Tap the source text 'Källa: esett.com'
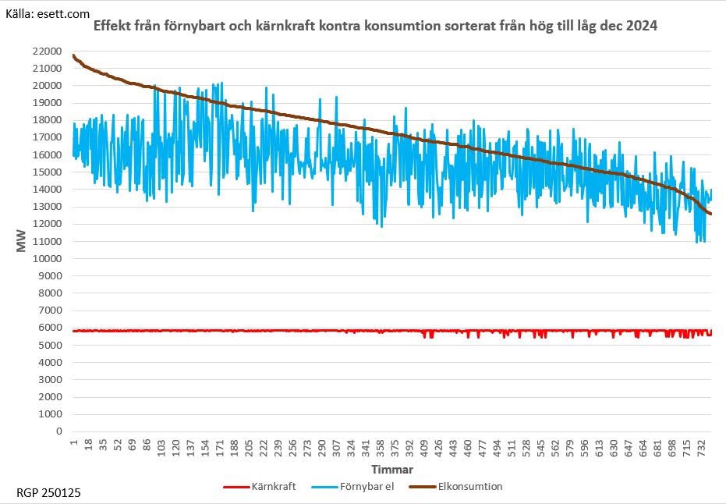[x=48, y=13]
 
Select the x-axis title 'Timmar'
[x=391, y=470]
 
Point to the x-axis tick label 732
[x=703, y=448]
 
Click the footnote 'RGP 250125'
[x=48, y=493]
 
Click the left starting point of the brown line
[x=73, y=55]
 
